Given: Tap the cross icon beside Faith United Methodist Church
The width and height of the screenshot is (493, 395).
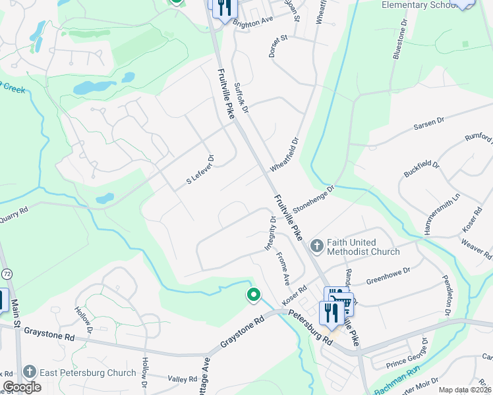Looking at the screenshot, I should (317, 246).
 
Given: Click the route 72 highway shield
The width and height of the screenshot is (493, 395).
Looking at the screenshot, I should (6, 273).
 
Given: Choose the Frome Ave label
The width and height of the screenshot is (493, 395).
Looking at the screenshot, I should (283, 268).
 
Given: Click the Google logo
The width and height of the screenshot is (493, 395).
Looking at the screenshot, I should (22, 387).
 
